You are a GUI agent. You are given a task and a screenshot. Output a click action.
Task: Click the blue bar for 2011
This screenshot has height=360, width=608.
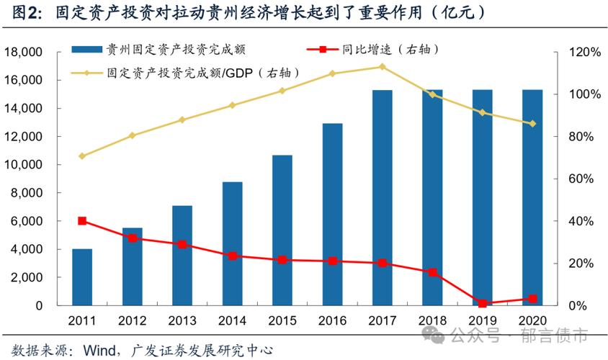pos(82,277)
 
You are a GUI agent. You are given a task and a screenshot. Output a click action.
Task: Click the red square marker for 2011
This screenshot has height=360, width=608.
pos(82,221)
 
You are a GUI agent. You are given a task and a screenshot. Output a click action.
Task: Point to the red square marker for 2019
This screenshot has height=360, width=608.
pos(483,303)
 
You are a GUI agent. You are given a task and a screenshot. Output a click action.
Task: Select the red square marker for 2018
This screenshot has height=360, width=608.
pos(432,272)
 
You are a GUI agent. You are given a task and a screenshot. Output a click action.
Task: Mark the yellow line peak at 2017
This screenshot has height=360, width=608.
pos(382,66)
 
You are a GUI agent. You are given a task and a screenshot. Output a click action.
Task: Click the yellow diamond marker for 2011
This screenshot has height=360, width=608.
pos(82,156)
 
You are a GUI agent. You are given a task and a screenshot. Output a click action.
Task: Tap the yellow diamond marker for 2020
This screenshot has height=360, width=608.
pos(532,124)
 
